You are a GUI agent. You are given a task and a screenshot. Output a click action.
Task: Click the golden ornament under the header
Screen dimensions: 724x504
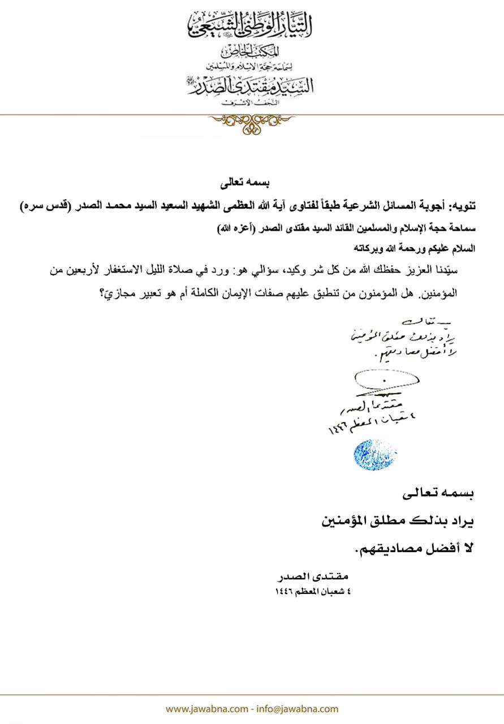click(x=252, y=122)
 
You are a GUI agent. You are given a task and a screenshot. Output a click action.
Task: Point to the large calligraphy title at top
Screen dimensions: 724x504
click(x=251, y=25)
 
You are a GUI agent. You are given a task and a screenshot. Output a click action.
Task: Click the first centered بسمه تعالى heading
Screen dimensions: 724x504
click(x=252, y=184)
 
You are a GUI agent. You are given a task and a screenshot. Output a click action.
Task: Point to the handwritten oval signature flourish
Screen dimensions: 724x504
click(x=386, y=380)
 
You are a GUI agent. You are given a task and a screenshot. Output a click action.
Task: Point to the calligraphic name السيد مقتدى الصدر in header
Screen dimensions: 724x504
click(x=251, y=85)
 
